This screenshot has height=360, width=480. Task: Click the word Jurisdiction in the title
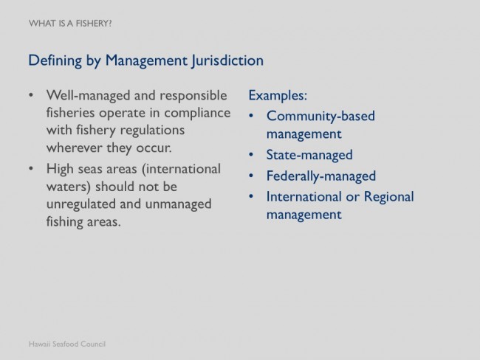click(x=227, y=61)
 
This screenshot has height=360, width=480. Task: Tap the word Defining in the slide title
click(x=55, y=61)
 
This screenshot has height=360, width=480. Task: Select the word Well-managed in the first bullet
click(x=89, y=96)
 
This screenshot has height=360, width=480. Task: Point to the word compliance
click(x=197, y=114)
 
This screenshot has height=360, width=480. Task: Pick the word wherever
click(x=75, y=148)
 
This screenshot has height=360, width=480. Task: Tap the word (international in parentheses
click(x=181, y=169)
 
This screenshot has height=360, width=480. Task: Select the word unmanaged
click(x=178, y=204)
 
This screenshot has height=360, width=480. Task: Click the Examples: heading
click(x=278, y=95)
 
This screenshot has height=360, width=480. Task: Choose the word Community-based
click(x=320, y=117)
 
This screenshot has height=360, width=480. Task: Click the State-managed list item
click(x=309, y=155)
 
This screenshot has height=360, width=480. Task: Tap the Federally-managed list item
click(x=321, y=176)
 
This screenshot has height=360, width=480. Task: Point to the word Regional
click(x=388, y=197)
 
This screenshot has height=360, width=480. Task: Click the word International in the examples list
click(x=304, y=197)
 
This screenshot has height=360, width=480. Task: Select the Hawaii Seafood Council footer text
click(x=67, y=344)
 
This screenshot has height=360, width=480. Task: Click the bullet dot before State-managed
click(x=251, y=155)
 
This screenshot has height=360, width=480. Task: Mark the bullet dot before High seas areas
click(x=31, y=168)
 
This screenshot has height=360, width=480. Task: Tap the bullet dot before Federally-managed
click(x=251, y=176)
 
